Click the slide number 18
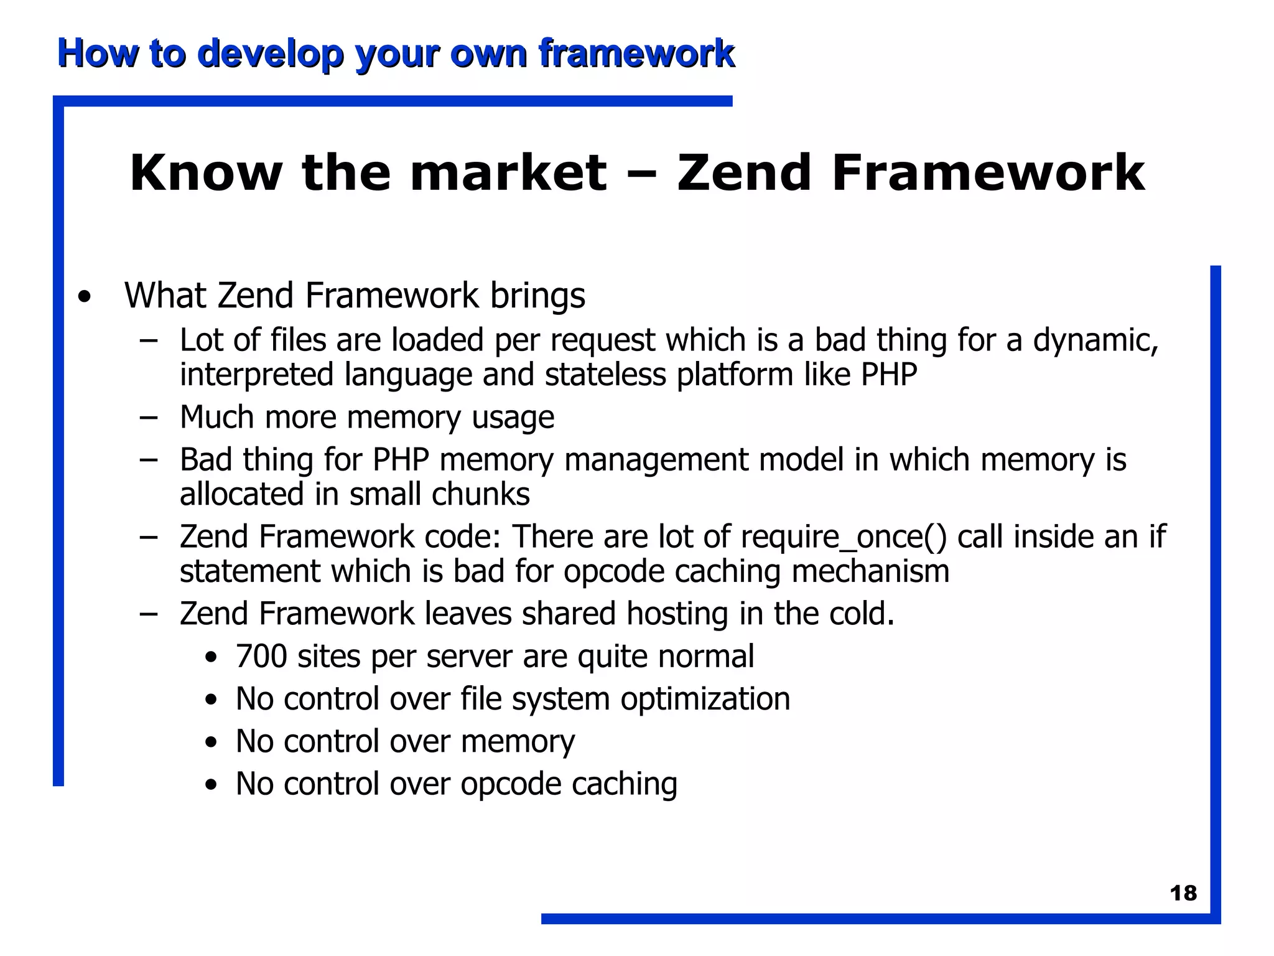1183,893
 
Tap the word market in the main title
508,172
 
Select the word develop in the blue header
271,54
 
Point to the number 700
261,656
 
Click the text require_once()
844,537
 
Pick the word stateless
605,375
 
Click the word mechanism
870,571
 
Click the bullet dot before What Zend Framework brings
85,297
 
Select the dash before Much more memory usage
149,418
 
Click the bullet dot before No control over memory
212,743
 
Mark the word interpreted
257,375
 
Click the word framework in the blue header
636,54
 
